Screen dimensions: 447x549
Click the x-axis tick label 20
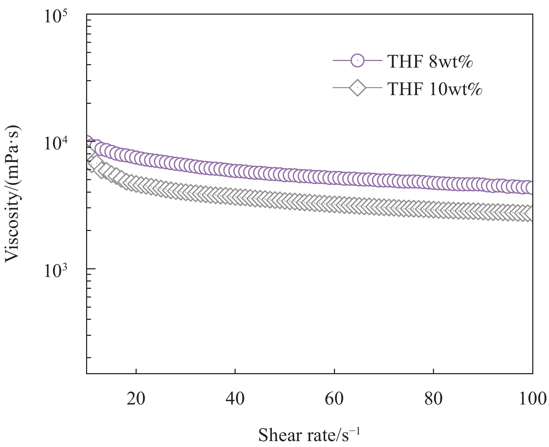click(x=136, y=398)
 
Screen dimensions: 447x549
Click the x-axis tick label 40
click(x=235, y=398)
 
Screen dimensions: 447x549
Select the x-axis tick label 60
click(x=334, y=398)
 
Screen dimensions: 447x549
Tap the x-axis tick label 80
click(x=433, y=398)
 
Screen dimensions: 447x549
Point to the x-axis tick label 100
click(x=532, y=398)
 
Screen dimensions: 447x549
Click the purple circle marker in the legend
click(x=358, y=61)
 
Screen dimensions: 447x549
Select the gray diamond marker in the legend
click(x=358, y=88)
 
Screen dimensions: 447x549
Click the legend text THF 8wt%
click(x=430, y=62)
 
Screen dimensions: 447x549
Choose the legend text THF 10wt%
click(x=435, y=89)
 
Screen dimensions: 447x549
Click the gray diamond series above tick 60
click(x=334, y=203)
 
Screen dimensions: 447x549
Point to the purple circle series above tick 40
click(x=235, y=170)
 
